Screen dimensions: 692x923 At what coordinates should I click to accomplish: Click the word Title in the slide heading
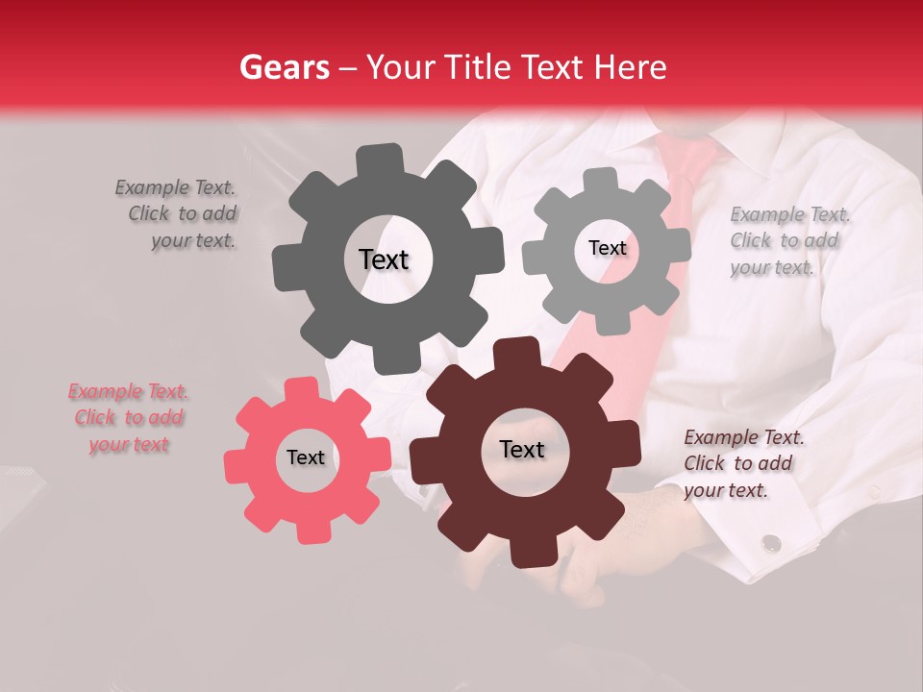tap(477, 67)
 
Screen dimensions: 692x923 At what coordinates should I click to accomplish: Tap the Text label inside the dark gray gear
tap(384, 259)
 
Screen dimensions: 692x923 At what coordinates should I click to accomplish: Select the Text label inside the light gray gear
tap(607, 248)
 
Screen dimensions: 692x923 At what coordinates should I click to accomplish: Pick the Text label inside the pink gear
tap(306, 457)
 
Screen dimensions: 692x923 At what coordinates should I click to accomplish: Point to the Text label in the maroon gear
tap(521, 449)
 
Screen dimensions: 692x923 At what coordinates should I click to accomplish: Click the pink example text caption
tap(129, 418)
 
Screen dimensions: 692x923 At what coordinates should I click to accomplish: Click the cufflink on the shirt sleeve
tap(771, 543)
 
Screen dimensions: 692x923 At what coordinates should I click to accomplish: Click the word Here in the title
tap(631, 67)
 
